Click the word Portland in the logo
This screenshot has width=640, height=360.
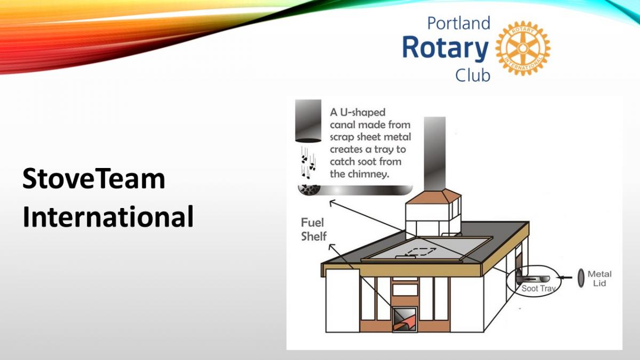pos(459,23)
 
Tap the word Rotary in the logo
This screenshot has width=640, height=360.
pos(445,47)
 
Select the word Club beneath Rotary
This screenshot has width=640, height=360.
pos(473,75)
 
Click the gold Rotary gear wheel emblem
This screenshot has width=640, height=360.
pos(523,49)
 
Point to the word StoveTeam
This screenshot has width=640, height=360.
pos(94,179)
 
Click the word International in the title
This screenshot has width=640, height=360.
pos(108,217)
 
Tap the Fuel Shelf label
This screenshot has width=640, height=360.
pos(314,229)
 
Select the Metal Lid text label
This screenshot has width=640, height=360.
pos(599,278)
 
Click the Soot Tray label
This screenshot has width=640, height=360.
pos(538,289)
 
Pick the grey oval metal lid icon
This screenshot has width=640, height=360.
pos(581,278)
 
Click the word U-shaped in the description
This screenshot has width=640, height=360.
pos(363,113)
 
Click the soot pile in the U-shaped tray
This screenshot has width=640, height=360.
pos(309,190)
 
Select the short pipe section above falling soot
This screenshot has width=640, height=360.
pos(308,121)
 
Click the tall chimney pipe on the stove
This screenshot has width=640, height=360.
pos(435,154)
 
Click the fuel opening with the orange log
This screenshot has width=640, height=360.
pos(405,319)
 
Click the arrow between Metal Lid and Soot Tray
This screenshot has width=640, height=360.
pos(565,277)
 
